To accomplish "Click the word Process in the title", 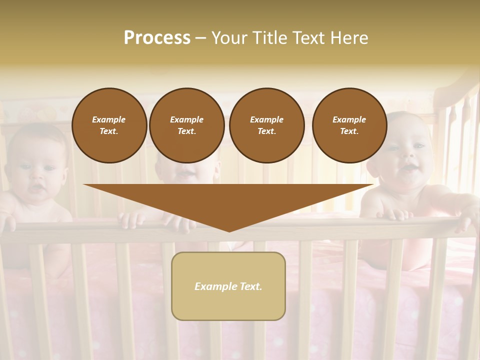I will pyautogui.click(x=157, y=38).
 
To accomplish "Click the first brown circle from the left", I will pyautogui.click(x=109, y=125).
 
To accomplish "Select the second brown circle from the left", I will pyautogui.click(x=187, y=125).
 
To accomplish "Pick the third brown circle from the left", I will pyautogui.click(x=267, y=125).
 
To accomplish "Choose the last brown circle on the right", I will pyautogui.click(x=349, y=125).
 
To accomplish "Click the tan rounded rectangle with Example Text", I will pyautogui.click(x=228, y=286).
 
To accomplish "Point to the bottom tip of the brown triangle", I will pyautogui.click(x=229, y=230).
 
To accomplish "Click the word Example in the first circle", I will pyautogui.click(x=109, y=119).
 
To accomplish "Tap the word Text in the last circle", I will pyautogui.click(x=349, y=131).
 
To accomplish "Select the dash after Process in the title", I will pyautogui.click(x=200, y=38).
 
